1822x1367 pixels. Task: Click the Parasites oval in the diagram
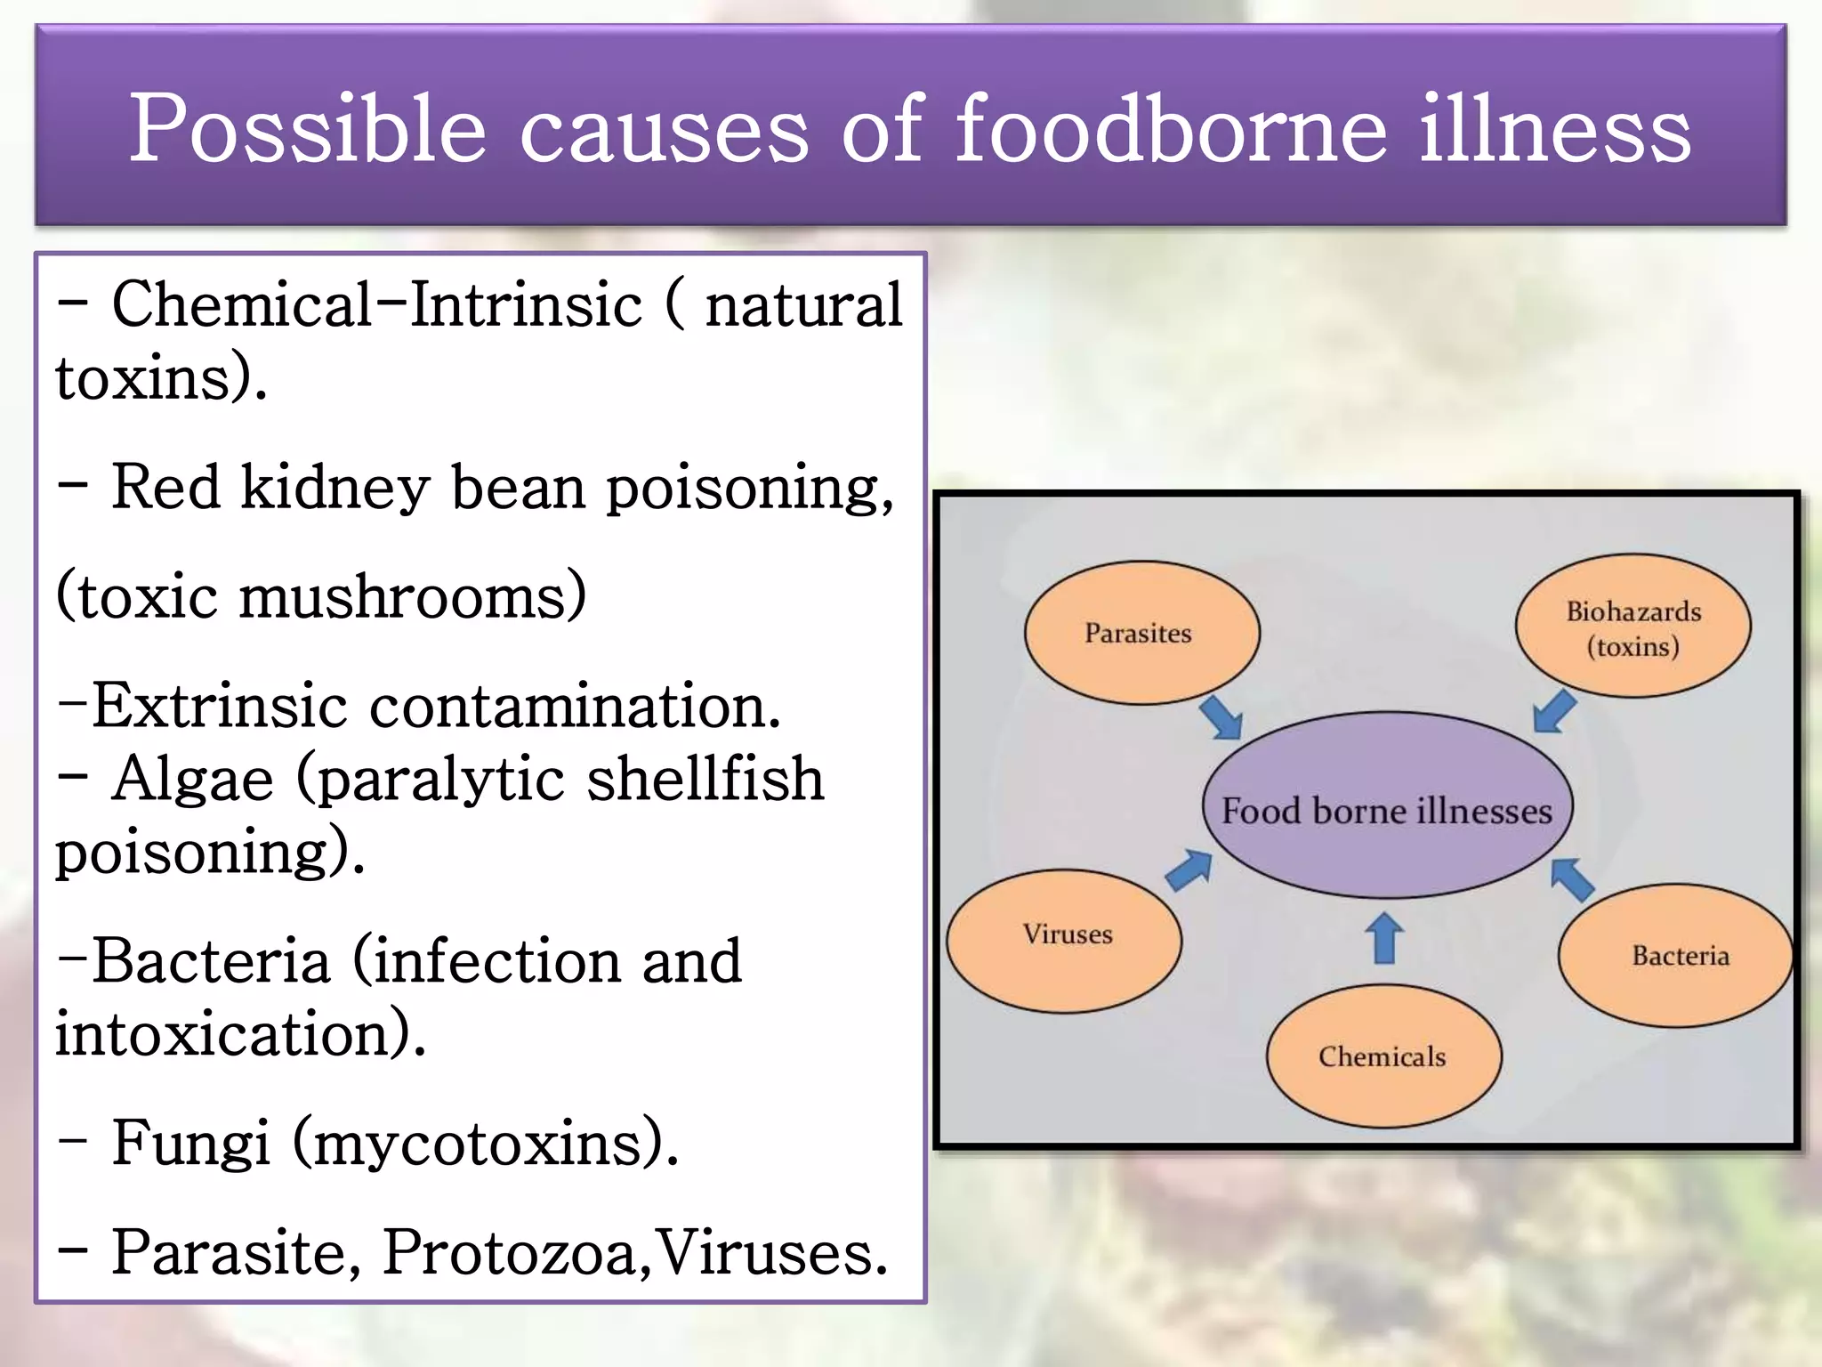1141,633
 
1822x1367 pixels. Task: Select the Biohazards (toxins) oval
1633,626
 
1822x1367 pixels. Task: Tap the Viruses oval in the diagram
1065,940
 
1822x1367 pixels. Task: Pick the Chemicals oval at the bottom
1383,1056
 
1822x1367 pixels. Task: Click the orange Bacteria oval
1674,955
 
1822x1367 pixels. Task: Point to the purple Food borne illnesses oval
1386,806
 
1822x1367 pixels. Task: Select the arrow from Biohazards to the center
1555,711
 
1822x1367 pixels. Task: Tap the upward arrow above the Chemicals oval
1384,939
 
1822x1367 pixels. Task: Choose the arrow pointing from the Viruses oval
1189,870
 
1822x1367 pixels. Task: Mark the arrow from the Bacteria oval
1572,878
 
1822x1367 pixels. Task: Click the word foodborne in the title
1171,129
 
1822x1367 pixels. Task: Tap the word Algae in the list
193,779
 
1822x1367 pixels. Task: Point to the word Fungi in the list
190,1143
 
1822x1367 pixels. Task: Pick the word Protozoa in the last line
511,1252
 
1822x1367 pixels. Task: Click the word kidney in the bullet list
335,488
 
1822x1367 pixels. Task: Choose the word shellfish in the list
705,779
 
